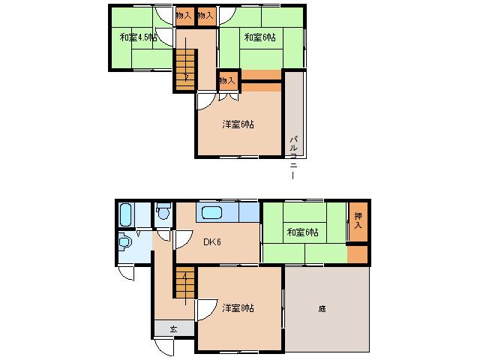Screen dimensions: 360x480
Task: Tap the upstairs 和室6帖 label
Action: [x=259, y=37]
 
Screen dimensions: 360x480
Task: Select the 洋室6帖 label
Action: [x=238, y=124]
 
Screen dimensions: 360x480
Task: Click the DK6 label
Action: [x=211, y=241]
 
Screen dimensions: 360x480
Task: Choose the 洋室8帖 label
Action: [x=238, y=307]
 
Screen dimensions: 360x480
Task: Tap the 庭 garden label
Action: [x=322, y=308]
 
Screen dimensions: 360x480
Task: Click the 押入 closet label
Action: [x=359, y=221]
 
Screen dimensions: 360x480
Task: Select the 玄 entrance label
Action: [x=172, y=329]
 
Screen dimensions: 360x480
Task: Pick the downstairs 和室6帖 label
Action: [x=301, y=232]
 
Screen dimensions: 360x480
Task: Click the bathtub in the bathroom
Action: [x=125, y=214]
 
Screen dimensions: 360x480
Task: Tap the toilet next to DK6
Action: [x=163, y=214]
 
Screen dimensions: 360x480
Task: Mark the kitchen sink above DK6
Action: [x=212, y=212]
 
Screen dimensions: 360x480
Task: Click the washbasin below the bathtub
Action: [x=125, y=242]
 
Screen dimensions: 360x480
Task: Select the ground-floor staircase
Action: [x=184, y=286]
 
